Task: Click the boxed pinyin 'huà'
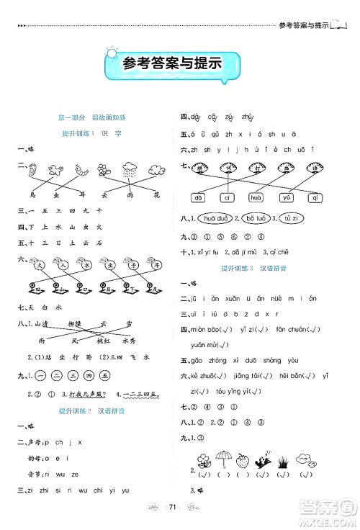pos(256,197)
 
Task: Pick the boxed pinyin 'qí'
pos(313,197)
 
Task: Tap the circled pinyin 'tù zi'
pos(290,219)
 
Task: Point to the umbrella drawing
pos(224,459)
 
